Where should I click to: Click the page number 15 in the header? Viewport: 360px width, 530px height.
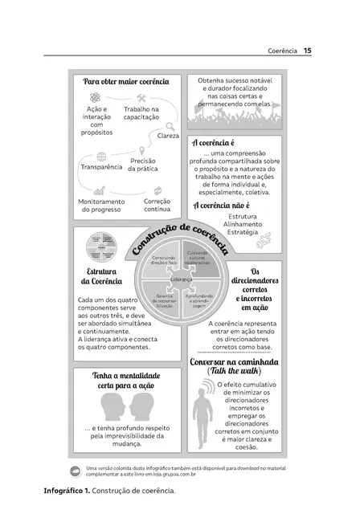click(x=308, y=51)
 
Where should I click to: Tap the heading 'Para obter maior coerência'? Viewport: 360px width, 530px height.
click(x=128, y=81)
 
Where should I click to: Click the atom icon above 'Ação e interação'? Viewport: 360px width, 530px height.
click(x=94, y=96)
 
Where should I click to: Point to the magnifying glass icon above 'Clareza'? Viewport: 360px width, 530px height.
click(x=170, y=125)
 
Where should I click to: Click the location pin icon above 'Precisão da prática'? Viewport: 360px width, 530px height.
click(x=141, y=149)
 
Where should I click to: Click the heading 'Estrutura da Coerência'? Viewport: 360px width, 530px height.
click(x=100, y=275)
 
